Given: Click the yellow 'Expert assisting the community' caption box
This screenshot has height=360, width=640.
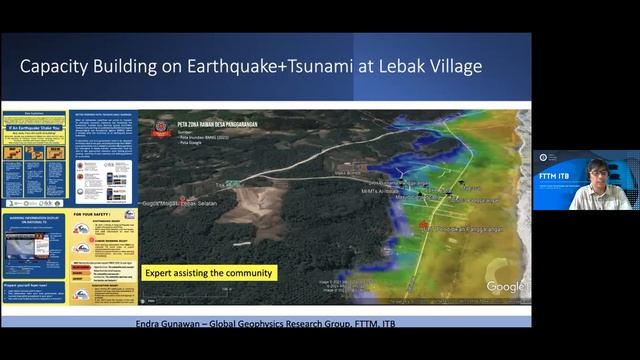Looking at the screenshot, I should pos(208,272).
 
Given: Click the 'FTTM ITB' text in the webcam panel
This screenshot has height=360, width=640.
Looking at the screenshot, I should pos(555,174).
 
